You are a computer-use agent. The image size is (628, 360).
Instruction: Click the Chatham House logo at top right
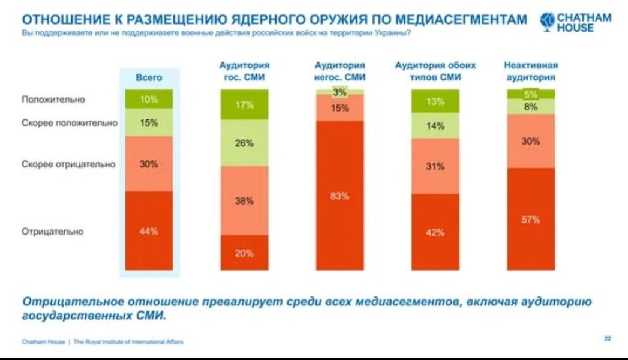(576, 22)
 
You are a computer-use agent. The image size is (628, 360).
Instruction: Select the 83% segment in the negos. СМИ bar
(340, 196)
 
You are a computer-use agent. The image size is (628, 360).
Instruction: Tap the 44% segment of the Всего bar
(149, 231)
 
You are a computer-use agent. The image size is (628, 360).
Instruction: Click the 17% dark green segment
(244, 105)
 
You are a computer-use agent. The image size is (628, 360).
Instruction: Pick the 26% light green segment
(244, 143)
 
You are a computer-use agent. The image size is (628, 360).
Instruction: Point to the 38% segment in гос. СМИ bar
(244, 201)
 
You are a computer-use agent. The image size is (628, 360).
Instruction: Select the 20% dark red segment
(244, 253)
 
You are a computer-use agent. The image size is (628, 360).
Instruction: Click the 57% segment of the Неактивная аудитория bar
(531, 220)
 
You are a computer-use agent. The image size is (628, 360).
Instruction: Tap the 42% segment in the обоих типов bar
(435, 232)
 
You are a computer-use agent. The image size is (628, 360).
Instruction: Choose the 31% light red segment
(435, 167)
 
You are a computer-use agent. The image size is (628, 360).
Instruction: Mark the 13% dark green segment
(435, 101)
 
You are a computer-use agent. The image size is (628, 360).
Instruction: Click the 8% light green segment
(531, 107)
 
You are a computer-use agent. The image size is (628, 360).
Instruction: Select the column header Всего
(149, 77)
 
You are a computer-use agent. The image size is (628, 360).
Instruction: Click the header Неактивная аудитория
(531, 71)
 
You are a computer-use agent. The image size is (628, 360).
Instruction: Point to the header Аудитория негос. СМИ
(340, 71)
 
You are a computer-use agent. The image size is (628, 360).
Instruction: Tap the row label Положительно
(53, 100)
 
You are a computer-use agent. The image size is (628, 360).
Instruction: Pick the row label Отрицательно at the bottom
(53, 232)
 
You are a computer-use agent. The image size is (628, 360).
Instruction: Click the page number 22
(608, 339)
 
